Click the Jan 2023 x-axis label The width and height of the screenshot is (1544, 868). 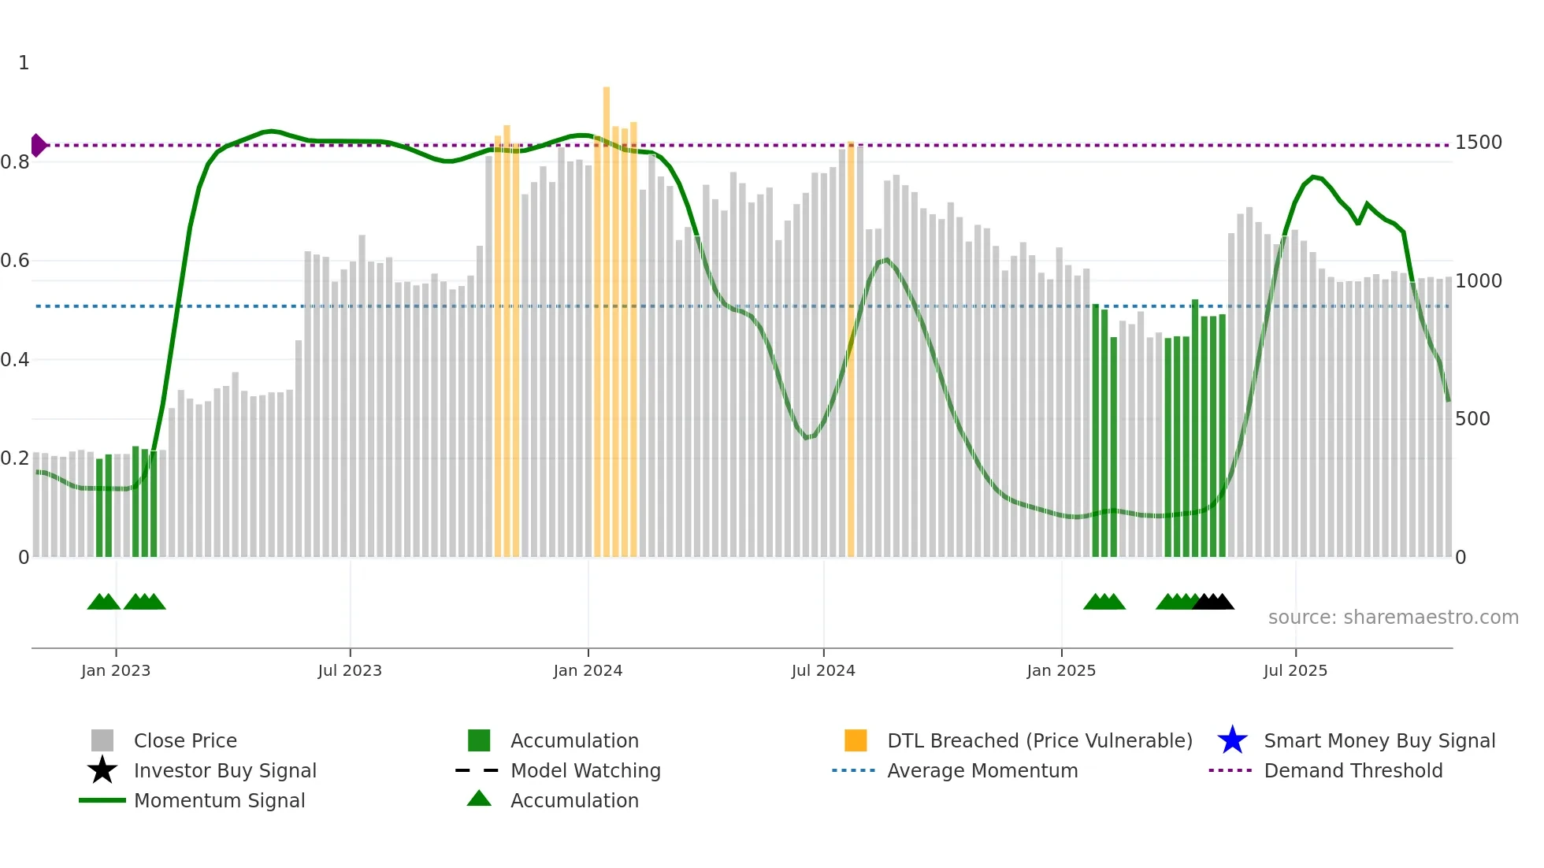(x=115, y=670)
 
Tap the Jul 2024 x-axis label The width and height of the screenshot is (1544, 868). (x=822, y=670)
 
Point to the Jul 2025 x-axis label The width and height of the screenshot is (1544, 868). (x=1295, y=670)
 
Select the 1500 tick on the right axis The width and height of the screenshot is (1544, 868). (x=1478, y=143)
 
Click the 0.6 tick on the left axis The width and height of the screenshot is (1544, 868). (x=16, y=261)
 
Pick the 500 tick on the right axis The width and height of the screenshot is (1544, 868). (x=1472, y=419)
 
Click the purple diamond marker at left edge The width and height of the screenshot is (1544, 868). (x=38, y=145)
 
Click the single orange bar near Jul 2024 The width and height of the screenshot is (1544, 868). (x=851, y=347)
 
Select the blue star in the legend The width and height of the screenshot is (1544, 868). (x=1232, y=740)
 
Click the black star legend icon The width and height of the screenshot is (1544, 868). (x=102, y=770)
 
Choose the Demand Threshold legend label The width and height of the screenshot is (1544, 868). (x=1353, y=770)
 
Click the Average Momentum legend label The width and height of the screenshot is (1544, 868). (x=982, y=770)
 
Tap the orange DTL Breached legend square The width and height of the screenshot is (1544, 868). (x=856, y=740)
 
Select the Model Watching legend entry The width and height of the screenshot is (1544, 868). (x=585, y=770)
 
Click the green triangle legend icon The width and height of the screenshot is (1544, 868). (x=479, y=799)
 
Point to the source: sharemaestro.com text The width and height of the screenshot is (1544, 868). (x=1393, y=618)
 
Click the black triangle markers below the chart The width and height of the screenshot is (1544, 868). (x=1213, y=602)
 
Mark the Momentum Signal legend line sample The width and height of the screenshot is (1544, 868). (x=102, y=800)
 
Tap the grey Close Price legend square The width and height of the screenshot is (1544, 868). (x=102, y=740)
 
